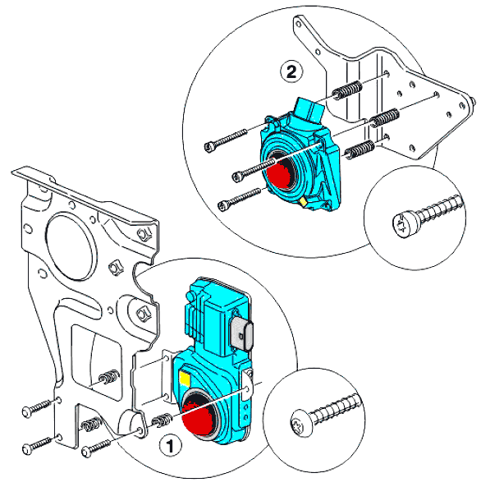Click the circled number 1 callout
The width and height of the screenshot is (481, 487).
(170, 446)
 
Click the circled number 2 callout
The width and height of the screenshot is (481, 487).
(291, 71)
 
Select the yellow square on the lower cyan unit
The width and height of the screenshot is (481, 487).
(185, 379)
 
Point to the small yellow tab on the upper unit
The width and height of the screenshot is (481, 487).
(303, 202)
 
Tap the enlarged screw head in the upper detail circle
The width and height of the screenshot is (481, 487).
(406, 223)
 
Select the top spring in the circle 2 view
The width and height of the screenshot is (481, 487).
(347, 90)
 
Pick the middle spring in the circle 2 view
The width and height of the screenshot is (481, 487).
(385, 117)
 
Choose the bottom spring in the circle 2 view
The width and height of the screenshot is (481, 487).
(360, 150)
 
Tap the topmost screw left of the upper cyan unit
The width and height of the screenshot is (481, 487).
(226, 140)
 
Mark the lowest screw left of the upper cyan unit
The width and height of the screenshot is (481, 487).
(239, 198)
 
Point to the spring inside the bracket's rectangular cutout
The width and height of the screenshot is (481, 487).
(109, 377)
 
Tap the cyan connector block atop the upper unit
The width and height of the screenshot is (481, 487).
(309, 110)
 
